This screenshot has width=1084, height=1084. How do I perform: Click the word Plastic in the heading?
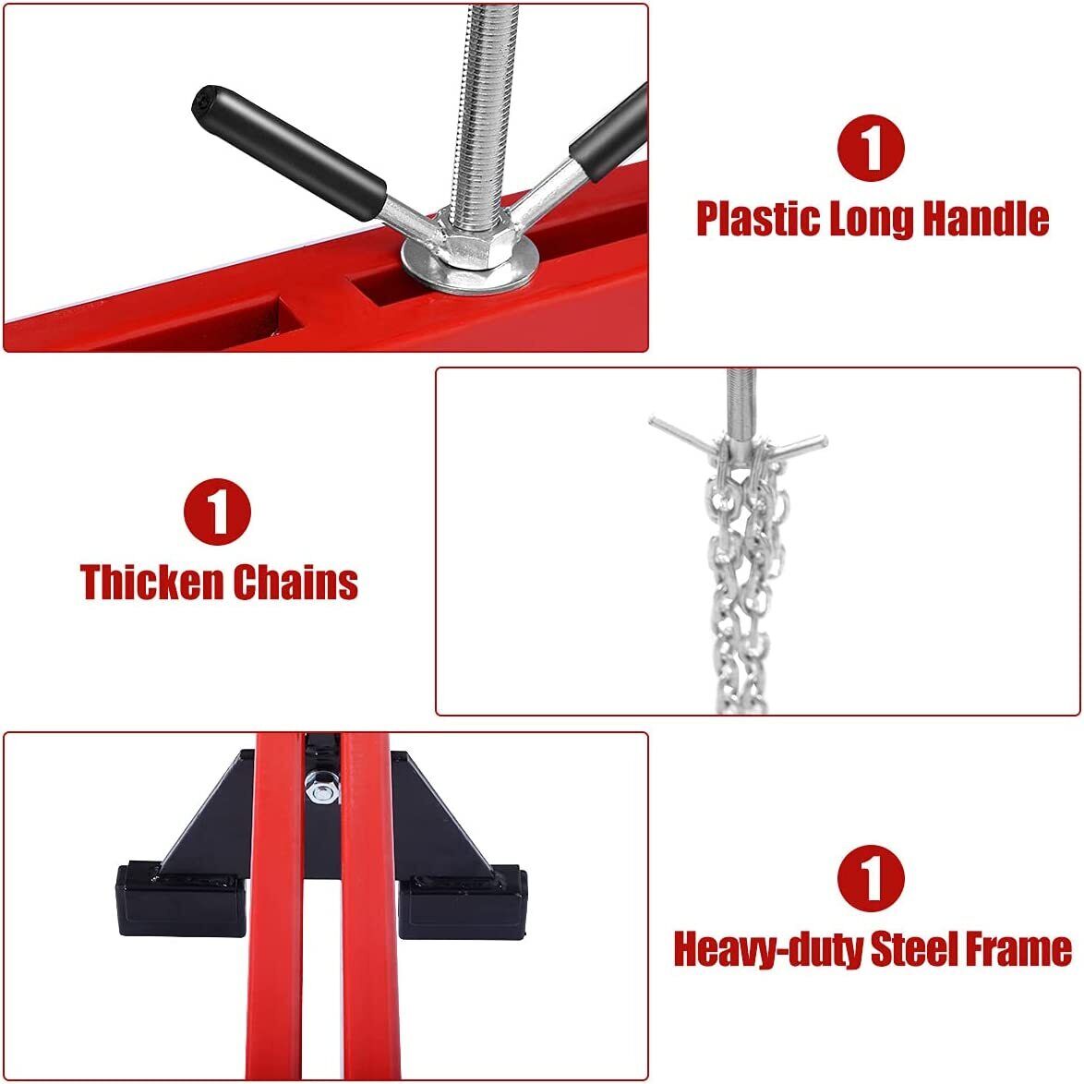point(757,219)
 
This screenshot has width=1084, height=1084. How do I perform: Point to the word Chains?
point(295,582)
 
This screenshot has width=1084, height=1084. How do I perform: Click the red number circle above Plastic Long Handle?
point(871,148)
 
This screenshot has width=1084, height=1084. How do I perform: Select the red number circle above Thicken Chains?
point(217,512)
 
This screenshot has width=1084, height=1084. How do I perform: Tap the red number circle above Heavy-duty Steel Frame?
point(871,878)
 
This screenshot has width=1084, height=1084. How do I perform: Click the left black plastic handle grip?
point(289,152)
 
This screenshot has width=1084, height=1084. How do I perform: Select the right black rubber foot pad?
point(464,902)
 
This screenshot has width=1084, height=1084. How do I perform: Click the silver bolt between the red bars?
point(322,787)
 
